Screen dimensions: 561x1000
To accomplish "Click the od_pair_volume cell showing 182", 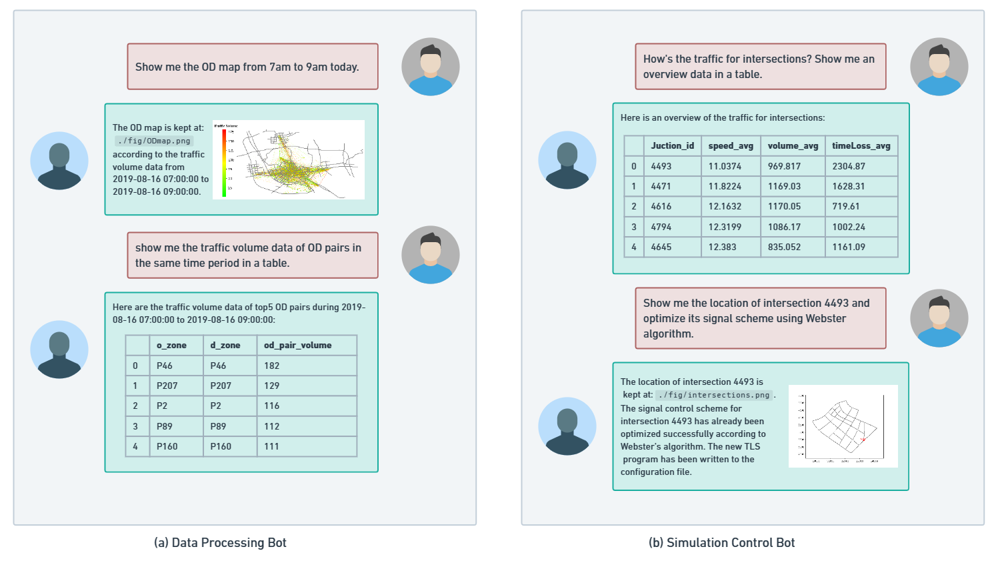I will (x=272, y=366).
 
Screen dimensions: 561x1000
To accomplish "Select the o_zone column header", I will (x=171, y=345).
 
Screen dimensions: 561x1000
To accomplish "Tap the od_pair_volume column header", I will (x=297, y=345).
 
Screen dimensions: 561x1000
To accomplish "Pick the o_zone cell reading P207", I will (x=167, y=386).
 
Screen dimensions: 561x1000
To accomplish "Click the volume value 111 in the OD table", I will (x=271, y=446).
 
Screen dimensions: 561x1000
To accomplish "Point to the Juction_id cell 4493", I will (x=661, y=166).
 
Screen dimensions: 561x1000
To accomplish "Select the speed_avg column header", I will (x=731, y=145).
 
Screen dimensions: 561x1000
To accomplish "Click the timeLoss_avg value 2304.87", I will (x=849, y=166).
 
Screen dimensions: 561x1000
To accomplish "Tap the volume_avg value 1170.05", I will (x=784, y=206).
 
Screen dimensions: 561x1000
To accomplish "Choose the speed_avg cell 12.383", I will (x=722, y=247).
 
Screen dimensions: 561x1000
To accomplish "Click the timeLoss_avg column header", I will (x=861, y=145).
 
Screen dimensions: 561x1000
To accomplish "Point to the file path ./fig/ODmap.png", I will (x=154, y=141).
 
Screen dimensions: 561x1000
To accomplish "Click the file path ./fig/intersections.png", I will (x=714, y=395).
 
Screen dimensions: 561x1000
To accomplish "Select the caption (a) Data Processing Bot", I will (x=220, y=542).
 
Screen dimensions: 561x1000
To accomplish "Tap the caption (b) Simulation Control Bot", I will (x=721, y=542).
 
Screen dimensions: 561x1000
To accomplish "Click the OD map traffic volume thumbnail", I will (x=289, y=159).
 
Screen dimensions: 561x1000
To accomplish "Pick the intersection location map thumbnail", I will (x=843, y=426).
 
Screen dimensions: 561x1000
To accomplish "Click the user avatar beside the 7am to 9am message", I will (x=430, y=67).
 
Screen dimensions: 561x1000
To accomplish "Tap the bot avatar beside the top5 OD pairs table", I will (x=59, y=350).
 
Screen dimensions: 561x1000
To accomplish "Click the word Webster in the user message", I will (x=825, y=318).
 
